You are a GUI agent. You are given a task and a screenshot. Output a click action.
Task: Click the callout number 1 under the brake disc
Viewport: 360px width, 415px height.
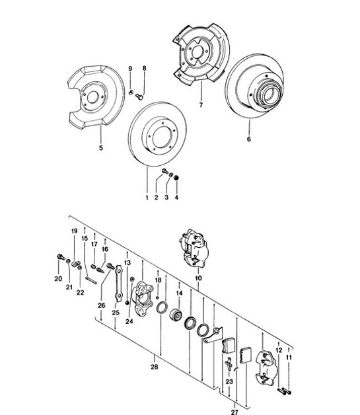click(x=147, y=197)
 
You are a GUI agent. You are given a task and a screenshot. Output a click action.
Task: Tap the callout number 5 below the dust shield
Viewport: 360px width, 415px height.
click(x=100, y=148)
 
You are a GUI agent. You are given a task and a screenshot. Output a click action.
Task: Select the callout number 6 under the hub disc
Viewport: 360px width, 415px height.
click(x=248, y=140)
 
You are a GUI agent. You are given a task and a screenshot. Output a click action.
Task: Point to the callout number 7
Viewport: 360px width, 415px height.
click(x=200, y=104)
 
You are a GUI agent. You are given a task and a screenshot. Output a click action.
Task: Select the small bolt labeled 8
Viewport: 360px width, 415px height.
click(x=141, y=96)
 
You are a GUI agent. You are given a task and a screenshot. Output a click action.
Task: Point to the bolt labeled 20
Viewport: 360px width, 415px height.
click(x=61, y=258)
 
